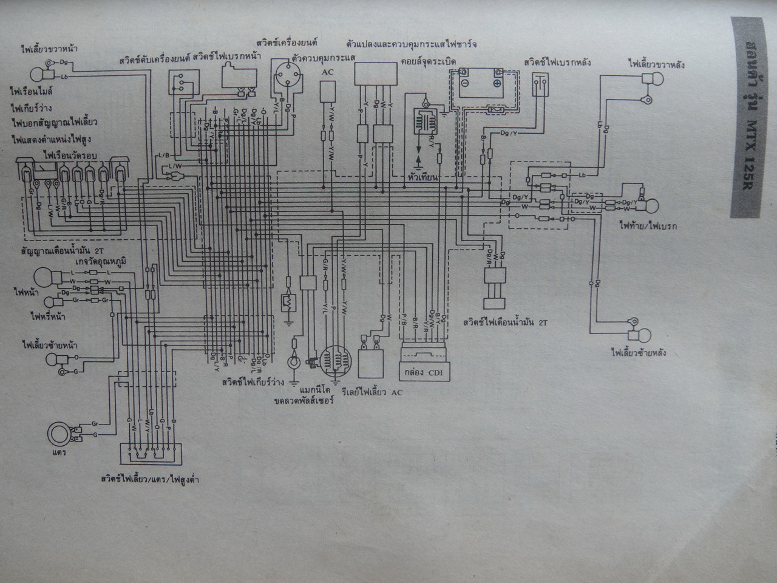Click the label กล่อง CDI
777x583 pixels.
pyautogui.click(x=423, y=372)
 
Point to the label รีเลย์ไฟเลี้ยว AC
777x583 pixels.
pyautogui.click(x=373, y=392)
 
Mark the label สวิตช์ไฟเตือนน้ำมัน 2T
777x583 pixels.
pyautogui.click(x=504, y=322)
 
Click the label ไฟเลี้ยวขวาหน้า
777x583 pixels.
pyautogui.click(x=52, y=47)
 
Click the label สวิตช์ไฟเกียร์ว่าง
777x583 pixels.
pyautogui.click(x=254, y=383)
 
